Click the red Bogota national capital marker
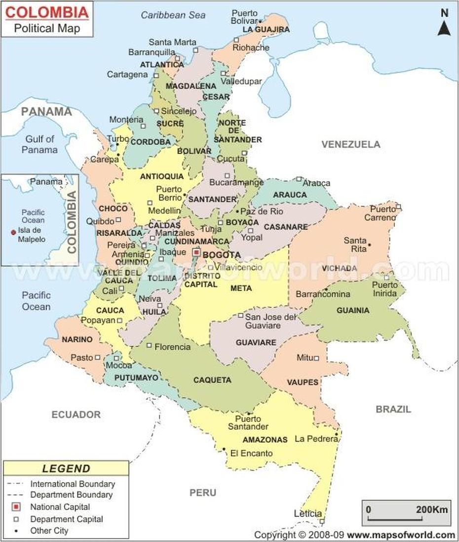pyautogui.click(x=196, y=252)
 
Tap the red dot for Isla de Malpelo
pyautogui.click(x=13, y=231)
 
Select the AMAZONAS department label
pyautogui.click(x=265, y=439)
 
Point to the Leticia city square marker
pyautogui.click(x=322, y=521)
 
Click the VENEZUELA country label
pyautogui.click(x=351, y=144)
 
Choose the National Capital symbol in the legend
pyautogui.click(x=16, y=506)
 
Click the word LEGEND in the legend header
pyautogui.click(x=66, y=468)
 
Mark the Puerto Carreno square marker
pyautogui.click(x=398, y=207)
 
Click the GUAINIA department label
pyautogui.click(x=352, y=310)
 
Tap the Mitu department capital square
pyautogui.click(x=316, y=358)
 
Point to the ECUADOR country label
pyautogui.click(x=76, y=415)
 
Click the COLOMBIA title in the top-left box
pyautogui.click(x=47, y=11)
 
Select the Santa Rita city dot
pyautogui.click(x=369, y=245)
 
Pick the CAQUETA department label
pyautogui.click(x=212, y=380)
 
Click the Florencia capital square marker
pyautogui.click(x=149, y=345)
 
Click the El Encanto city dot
pyautogui.click(x=224, y=449)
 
